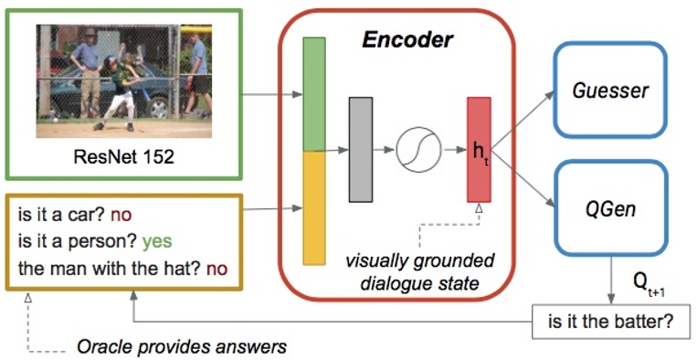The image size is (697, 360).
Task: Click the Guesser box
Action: pyautogui.click(x=609, y=90)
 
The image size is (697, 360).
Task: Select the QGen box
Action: pyautogui.click(x=609, y=208)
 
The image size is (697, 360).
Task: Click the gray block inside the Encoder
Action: pyautogui.click(x=362, y=148)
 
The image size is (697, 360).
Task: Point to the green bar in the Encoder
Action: pyautogui.click(x=314, y=94)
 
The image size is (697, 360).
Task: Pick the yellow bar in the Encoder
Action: pyautogui.click(x=314, y=207)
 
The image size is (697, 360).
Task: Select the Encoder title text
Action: pyautogui.click(x=407, y=40)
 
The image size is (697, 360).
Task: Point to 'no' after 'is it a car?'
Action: pyautogui.click(x=121, y=217)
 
